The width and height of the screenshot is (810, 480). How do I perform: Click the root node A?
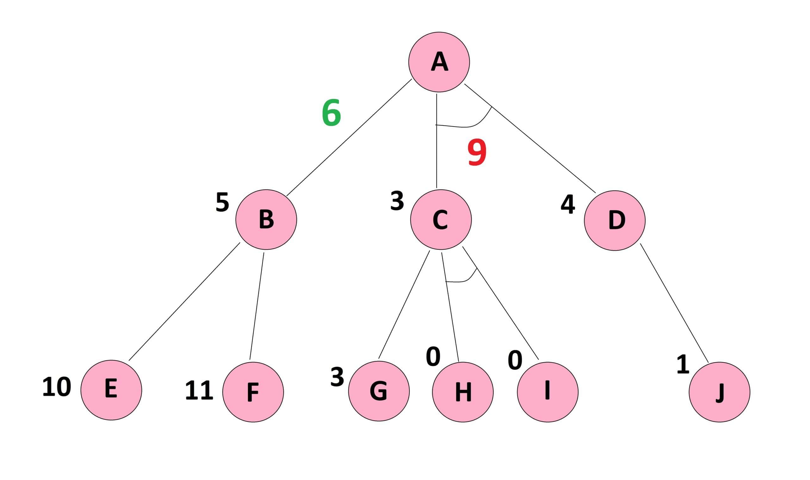tap(439, 62)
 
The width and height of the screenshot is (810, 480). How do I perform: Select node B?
tap(266, 219)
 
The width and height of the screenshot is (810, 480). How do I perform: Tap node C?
tap(441, 219)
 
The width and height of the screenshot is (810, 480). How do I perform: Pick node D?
tap(614, 220)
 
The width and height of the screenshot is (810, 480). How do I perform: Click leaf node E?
tap(111, 390)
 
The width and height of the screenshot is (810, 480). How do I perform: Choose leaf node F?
tap(253, 392)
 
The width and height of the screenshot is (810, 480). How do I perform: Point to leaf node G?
tap(379, 391)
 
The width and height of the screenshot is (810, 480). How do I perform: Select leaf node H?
tap(463, 392)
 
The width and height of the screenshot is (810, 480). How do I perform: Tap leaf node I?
tap(548, 392)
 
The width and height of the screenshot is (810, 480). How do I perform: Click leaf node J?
tap(720, 392)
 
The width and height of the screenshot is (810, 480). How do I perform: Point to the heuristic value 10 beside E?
tap(57, 387)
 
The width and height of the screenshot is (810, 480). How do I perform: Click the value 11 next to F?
tap(199, 391)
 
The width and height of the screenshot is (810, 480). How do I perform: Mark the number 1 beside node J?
tap(683, 365)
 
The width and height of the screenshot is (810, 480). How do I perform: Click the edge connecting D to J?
tap(674, 303)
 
